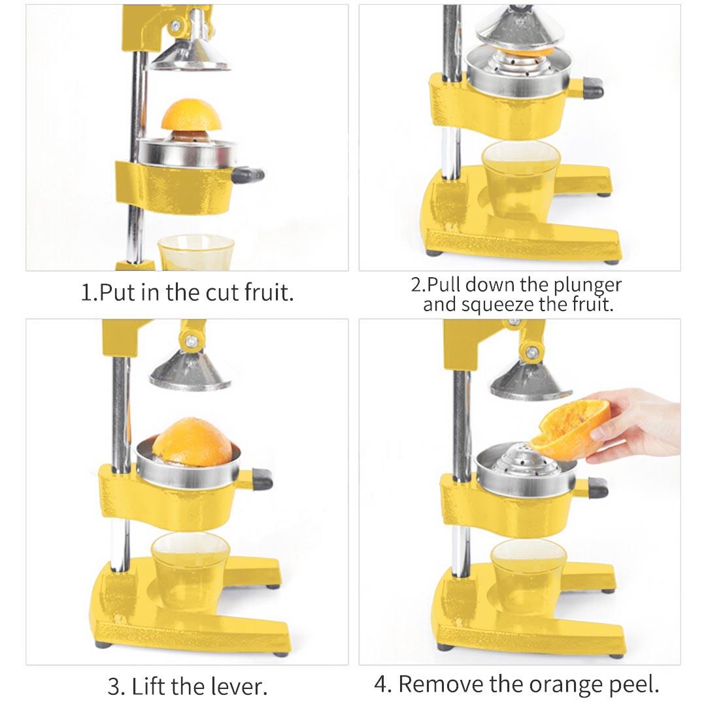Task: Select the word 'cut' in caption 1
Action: click(x=224, y=292)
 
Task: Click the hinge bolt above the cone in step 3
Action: click(x=191, y=340)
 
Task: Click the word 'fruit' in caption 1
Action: click(x=268, y=292)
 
